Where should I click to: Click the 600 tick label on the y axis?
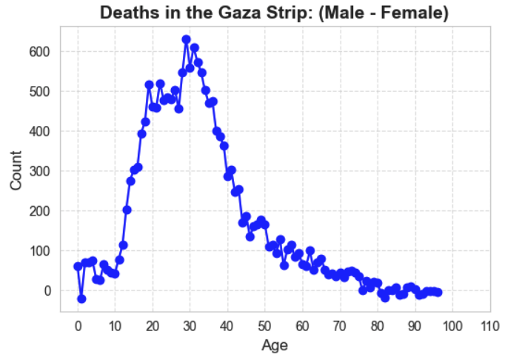point(40,52)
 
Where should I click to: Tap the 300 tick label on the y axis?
point(40,171)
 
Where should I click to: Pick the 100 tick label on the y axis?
point(40,251)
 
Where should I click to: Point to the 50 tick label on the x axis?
point(265,326)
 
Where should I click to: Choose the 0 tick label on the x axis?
point(78,326)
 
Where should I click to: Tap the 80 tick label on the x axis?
point(378,326)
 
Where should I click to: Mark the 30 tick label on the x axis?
point(190,326)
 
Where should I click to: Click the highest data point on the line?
point(187,39)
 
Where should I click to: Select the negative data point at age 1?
point(81,299)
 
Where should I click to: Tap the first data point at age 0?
point(78,266)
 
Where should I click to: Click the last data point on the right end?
point(438,293)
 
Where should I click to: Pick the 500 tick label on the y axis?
point(40,92)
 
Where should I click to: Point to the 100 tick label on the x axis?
point(452,326)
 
